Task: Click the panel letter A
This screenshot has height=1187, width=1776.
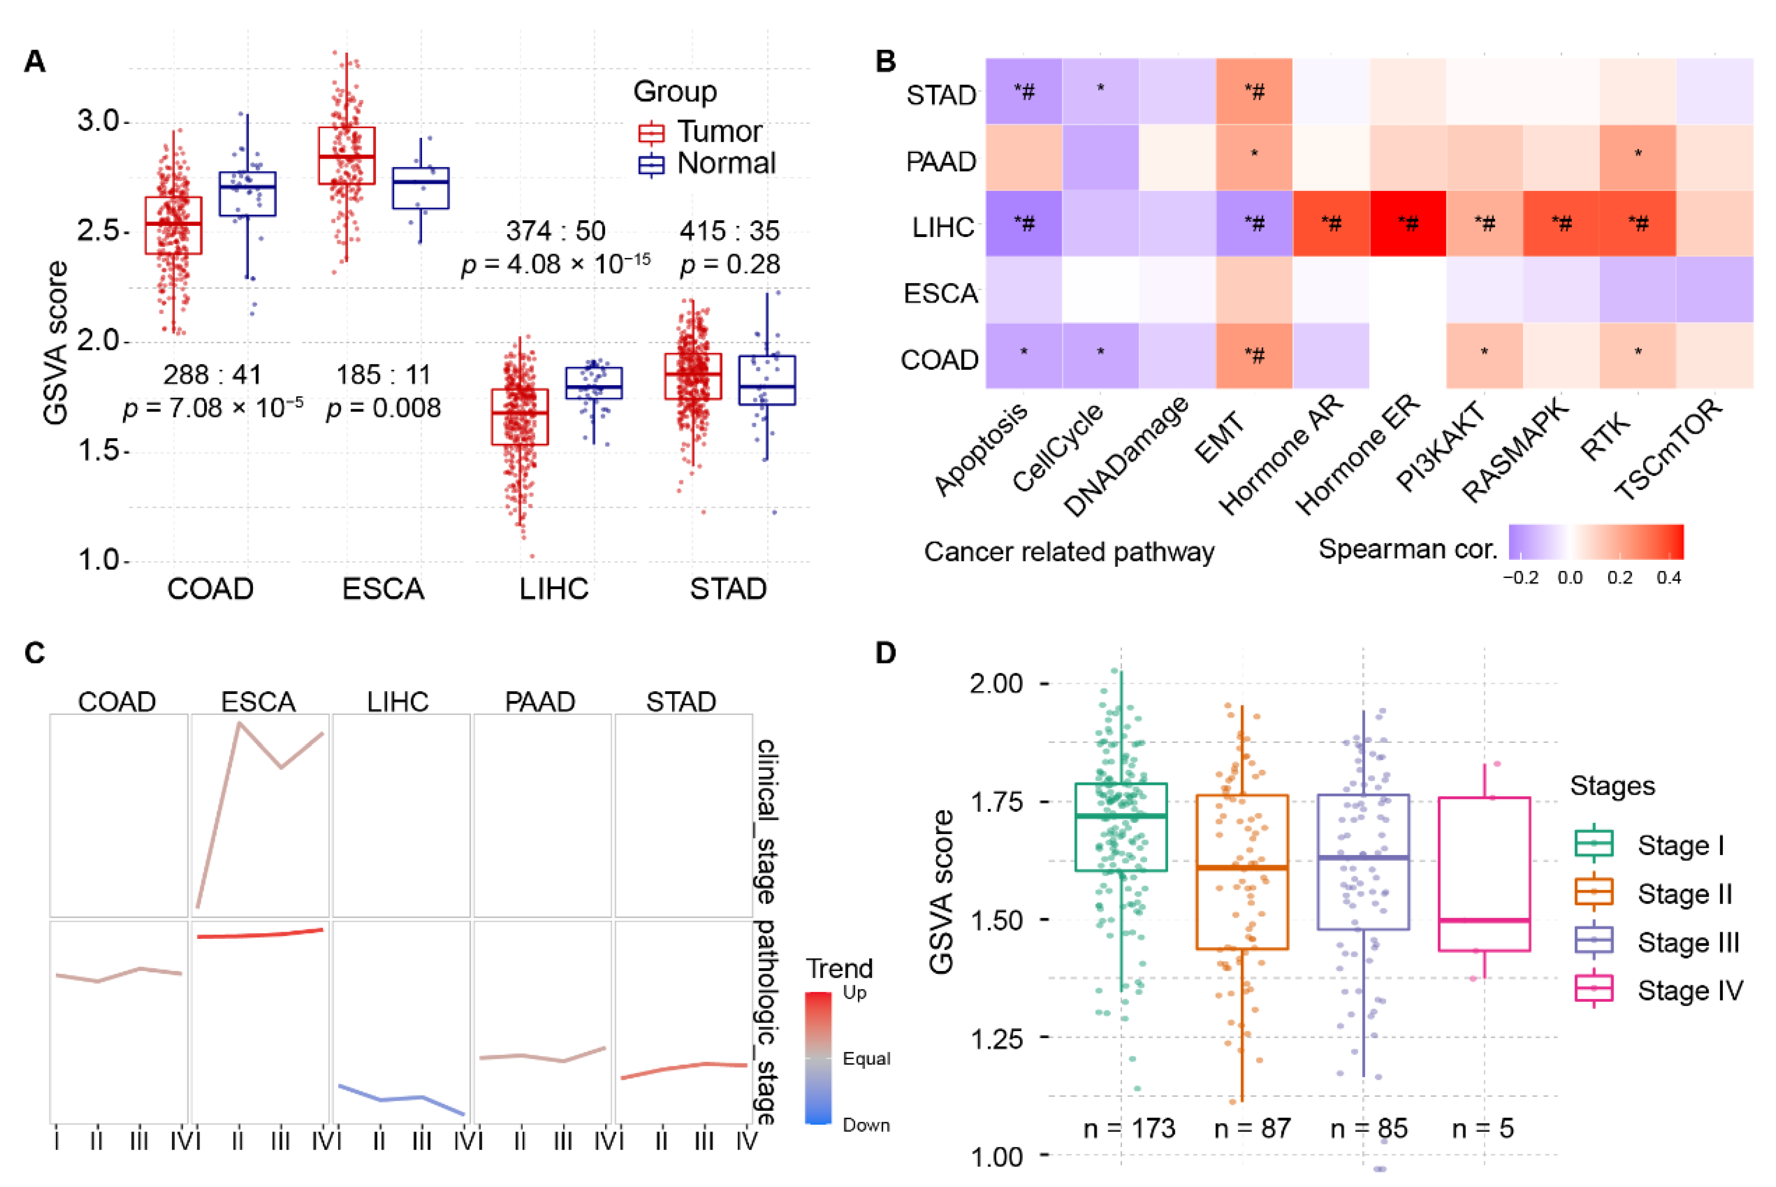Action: click(35, 61)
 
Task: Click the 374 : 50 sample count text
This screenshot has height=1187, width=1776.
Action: click(555, 230)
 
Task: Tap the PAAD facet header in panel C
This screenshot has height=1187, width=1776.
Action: click(540, 702)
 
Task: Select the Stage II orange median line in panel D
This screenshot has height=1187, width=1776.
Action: click(1242, 867)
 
